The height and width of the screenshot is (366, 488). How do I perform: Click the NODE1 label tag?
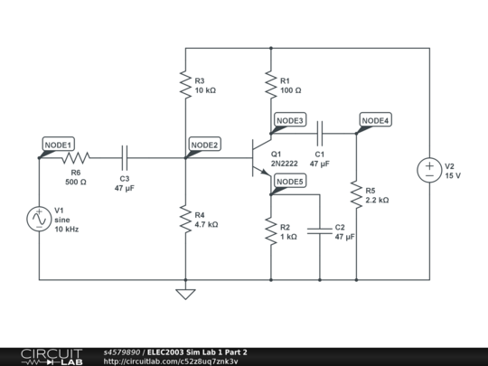pos(58,145)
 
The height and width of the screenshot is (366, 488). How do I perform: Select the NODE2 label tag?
pos(203,145)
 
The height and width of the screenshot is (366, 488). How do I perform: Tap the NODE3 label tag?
pos(289,121)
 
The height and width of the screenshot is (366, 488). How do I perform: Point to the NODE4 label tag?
pos(375,121)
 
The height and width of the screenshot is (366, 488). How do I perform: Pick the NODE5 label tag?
pos(289,182)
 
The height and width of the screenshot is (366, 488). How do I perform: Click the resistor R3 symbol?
pos(184,85)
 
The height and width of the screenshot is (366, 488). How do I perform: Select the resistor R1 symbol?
pos(270,85)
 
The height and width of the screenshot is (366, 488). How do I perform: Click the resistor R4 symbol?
pos(184,219)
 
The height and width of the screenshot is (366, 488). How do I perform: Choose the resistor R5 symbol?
pos(356,194)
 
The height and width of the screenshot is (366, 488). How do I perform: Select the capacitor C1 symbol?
pos(319,134)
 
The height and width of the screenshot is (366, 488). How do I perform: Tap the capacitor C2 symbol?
pos(320,231)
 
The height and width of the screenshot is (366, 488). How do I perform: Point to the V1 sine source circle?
pos(40,220)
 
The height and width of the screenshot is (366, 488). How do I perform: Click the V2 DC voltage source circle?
pos(428,170)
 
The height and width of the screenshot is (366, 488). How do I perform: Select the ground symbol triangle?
pos(184,293)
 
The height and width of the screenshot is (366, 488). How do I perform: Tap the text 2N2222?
pos(286,164)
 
